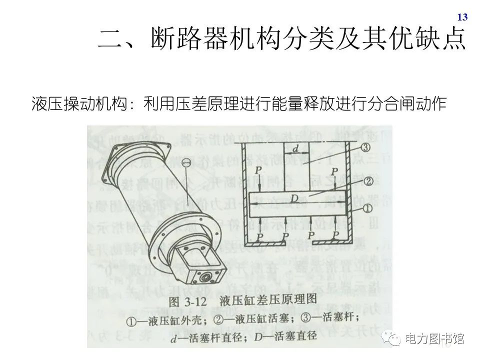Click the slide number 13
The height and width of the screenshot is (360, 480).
point(462,17)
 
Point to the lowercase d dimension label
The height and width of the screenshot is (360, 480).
point(296,148)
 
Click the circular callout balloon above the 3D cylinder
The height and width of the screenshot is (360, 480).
point(186,162)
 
